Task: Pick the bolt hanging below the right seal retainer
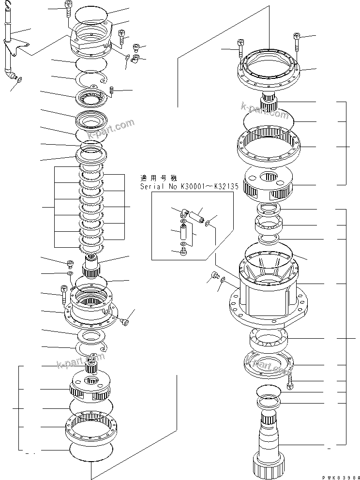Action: [290, 385]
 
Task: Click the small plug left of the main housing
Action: [213, 277]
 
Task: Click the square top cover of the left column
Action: [92, 36]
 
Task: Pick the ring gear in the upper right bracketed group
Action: [269, 145]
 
